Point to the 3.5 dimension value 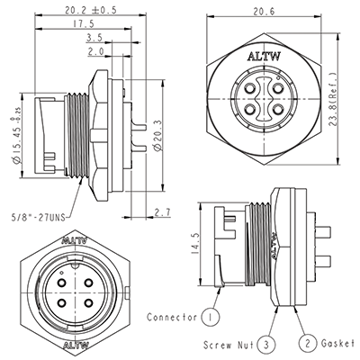[94, 40]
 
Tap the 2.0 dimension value [94, 53]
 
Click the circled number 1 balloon [210, 317]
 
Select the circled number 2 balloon [307, 343]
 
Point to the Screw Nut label [226, 343]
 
